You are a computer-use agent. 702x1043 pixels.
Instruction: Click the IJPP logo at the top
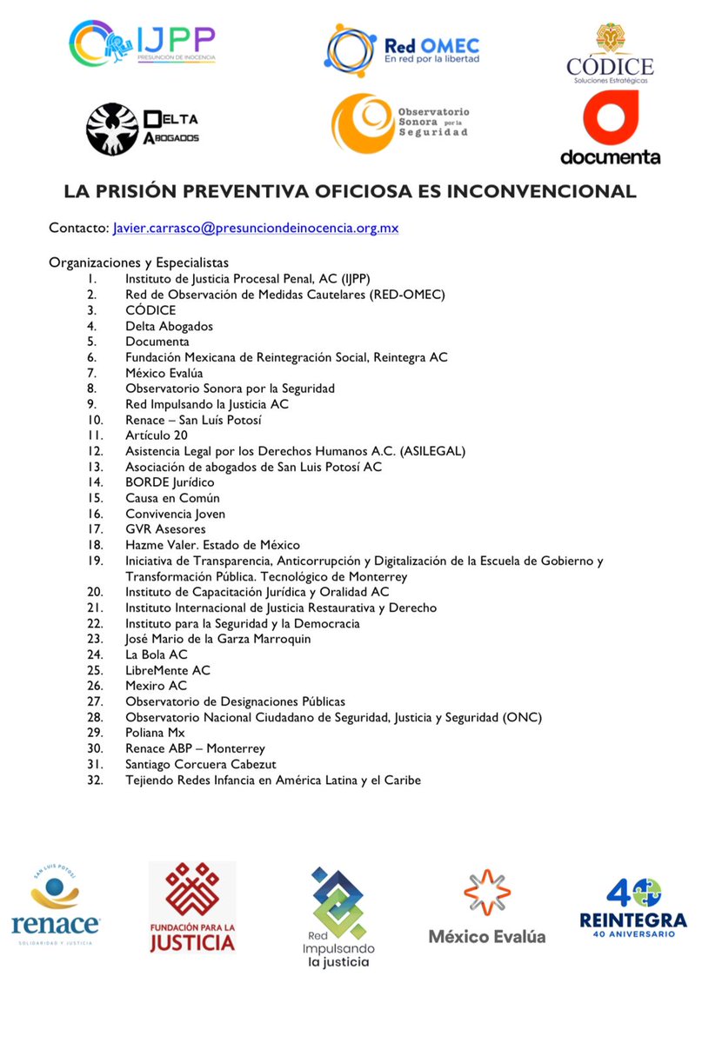(x=143, y=45)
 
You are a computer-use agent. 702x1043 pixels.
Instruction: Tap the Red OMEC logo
(x=403, y=51)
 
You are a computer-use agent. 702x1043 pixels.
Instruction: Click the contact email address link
(x=256, y=229)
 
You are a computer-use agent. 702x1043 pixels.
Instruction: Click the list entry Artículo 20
(x=156, y=435)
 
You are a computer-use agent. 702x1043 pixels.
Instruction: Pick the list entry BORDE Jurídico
(x=170, y=482)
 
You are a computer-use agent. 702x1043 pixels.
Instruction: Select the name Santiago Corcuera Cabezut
(x=200, y=764)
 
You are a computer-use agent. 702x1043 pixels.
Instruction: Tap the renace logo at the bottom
(x=55, y=908)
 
